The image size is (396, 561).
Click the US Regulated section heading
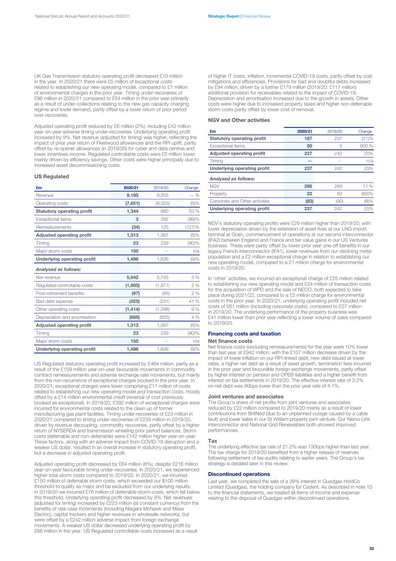coord(51,177)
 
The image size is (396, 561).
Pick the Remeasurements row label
coord(53,227)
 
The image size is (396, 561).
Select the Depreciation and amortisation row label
coord(66,317)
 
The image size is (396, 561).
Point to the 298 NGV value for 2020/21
coord(308,186)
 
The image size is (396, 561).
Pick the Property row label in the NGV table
coord(218,194)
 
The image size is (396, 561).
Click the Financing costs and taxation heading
coord(244,334)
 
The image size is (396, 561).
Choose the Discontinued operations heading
coord(239,474)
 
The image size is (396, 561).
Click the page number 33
coord(371,548)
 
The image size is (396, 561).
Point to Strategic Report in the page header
coord(224,16)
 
